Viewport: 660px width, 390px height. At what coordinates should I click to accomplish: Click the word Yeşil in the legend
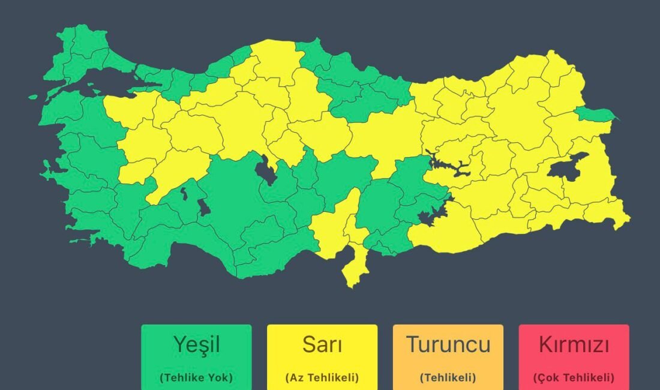196,346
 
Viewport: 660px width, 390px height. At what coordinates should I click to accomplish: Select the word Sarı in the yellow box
322,346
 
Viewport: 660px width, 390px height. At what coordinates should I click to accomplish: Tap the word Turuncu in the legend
448,345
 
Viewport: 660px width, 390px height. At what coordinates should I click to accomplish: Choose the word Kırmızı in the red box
574,346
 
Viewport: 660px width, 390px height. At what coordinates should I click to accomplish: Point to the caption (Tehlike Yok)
196,378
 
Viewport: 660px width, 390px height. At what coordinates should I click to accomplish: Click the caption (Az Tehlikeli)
322,378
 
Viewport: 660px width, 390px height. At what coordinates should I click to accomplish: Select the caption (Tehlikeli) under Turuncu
448,378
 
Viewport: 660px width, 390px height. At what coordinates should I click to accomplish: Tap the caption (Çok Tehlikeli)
574,378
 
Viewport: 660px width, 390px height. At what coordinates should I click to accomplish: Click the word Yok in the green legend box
218,378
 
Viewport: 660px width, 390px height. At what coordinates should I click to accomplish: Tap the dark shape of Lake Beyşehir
204,208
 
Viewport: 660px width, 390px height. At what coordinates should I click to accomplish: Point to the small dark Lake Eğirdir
184,193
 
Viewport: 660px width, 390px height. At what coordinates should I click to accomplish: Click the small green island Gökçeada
33,96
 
